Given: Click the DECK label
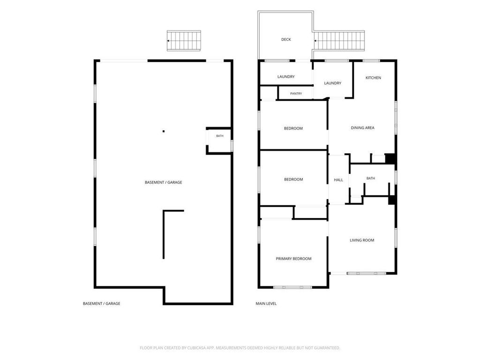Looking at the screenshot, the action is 286,39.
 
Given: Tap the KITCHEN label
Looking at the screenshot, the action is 373,78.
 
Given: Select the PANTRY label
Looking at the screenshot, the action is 296,94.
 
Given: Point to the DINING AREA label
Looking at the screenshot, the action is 362,127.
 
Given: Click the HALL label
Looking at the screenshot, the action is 338,180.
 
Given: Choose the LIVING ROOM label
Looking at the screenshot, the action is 362,240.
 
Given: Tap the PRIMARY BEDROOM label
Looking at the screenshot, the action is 293,259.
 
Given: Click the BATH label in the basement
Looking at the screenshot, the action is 220,136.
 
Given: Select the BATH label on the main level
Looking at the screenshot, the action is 371,178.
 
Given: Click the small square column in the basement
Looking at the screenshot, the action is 164,131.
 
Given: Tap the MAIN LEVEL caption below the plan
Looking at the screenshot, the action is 266,304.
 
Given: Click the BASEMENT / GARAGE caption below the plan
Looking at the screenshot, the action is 101,304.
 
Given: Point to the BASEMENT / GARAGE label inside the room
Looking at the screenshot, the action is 163,182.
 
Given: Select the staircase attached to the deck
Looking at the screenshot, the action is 339,41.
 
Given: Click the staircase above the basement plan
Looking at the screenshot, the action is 184,41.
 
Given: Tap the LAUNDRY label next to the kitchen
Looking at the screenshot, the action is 332,83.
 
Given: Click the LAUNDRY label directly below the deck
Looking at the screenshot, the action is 286,77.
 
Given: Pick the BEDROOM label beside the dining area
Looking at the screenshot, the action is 293,128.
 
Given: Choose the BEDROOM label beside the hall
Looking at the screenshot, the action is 293,180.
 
